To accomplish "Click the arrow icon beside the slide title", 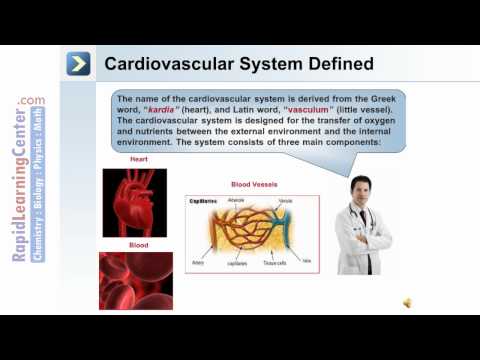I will tap(80, 64).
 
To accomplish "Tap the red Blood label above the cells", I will tap(140, 244).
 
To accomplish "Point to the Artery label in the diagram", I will tap(198, 264).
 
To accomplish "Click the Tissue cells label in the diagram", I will tap(274, 265).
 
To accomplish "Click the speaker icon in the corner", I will tap(409, 302).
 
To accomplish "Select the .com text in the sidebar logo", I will tap(31, 100).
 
